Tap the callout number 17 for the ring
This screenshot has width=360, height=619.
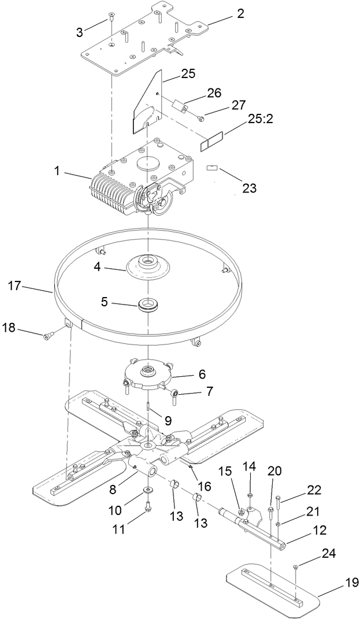(16, 286)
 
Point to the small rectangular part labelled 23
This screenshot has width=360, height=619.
(212, 168)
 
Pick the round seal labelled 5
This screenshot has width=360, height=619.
(149, 304)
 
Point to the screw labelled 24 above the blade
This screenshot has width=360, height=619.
(295, 568)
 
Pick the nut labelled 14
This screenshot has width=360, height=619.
(249, 495)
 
